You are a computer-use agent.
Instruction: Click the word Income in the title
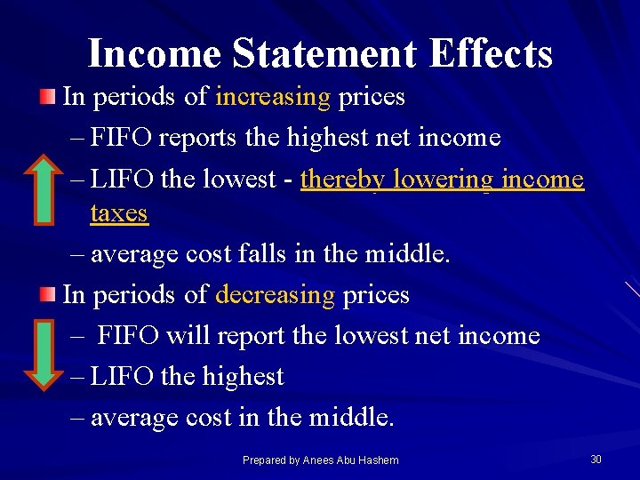coord(154,53)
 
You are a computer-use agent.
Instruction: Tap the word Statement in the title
coord(324,53)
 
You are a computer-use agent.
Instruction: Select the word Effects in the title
coord(490,53)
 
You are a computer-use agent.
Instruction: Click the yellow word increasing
coord(273,97)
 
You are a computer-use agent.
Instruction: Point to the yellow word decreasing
coord(275,294)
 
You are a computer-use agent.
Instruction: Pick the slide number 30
coord(596,459)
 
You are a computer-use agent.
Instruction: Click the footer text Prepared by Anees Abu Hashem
coord(320,460)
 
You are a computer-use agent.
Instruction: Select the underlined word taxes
coord(119,213)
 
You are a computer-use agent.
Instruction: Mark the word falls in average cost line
coord(264,255)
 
